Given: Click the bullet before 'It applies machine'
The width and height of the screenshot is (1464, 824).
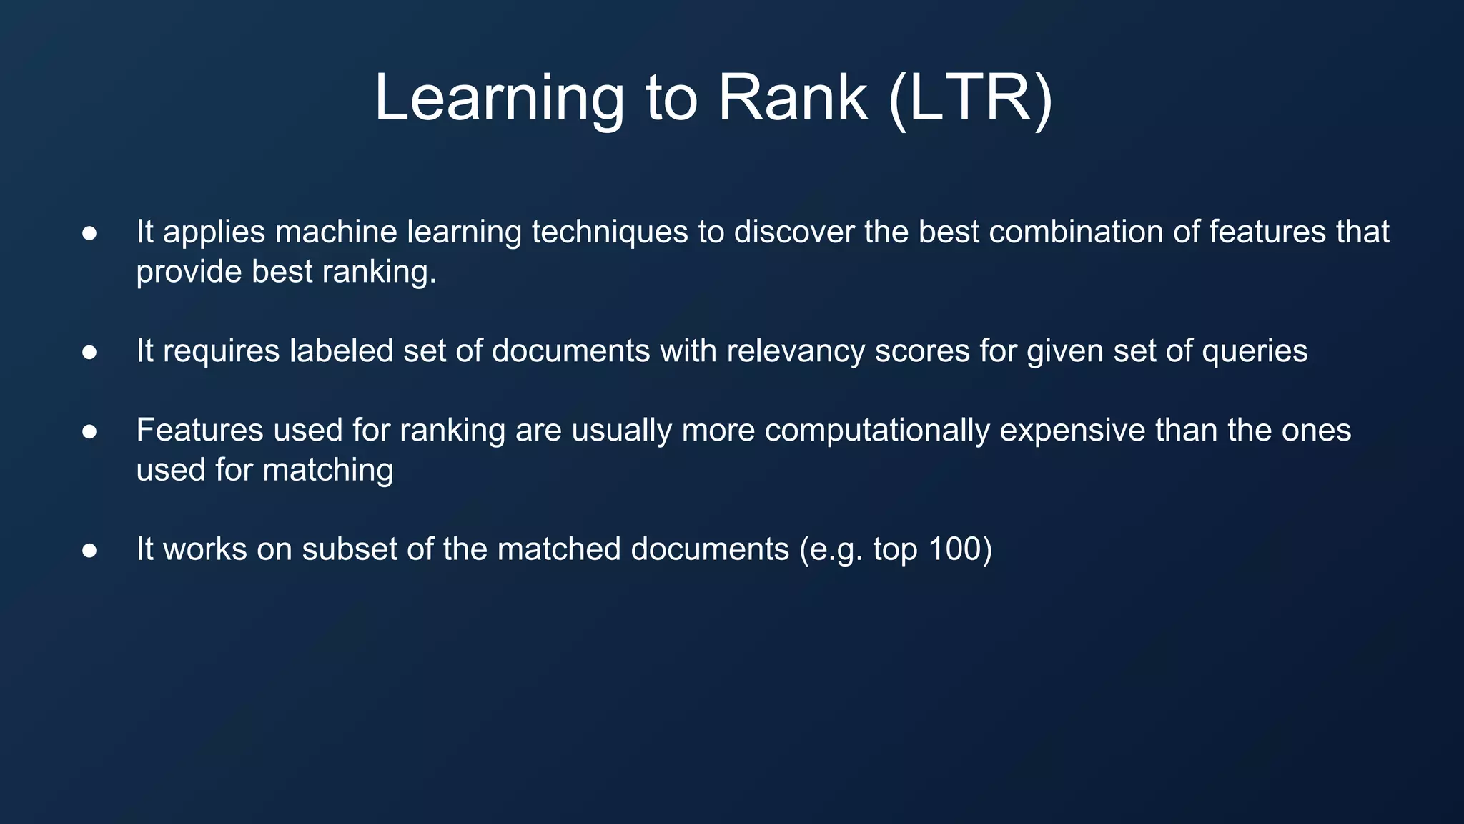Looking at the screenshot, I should [x=89, y=233].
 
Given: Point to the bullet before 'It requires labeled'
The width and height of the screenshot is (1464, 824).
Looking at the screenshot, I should [x=89, y=352].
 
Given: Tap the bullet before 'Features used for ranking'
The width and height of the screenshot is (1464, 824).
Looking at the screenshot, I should [x=89, y=431].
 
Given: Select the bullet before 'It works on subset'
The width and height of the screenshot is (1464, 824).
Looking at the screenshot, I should [x=89, y=550].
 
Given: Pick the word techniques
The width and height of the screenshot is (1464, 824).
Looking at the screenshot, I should [x=609, y=232].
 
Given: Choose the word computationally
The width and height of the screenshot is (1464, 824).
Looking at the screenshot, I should [x=877, y=431].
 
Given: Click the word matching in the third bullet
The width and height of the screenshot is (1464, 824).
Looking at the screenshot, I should [x=327, y=471].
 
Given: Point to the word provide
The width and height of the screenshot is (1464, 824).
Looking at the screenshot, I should [x=189, y=273].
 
